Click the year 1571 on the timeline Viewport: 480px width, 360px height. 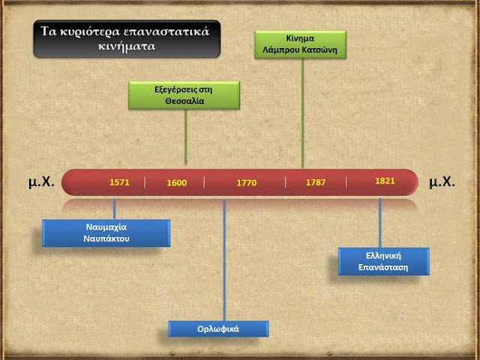120,182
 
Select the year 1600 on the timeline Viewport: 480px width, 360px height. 176,183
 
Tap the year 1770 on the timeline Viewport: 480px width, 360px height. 247,183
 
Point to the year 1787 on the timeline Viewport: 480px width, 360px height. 316,183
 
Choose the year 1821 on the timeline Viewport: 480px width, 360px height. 384,181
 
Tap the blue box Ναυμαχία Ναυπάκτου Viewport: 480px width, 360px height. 106,232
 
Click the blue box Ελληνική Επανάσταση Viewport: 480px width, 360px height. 383,260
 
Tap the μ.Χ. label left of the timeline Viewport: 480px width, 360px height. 42,181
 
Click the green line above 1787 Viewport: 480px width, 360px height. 302,112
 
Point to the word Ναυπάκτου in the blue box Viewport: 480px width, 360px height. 106,238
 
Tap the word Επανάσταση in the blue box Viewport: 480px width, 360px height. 383,266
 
